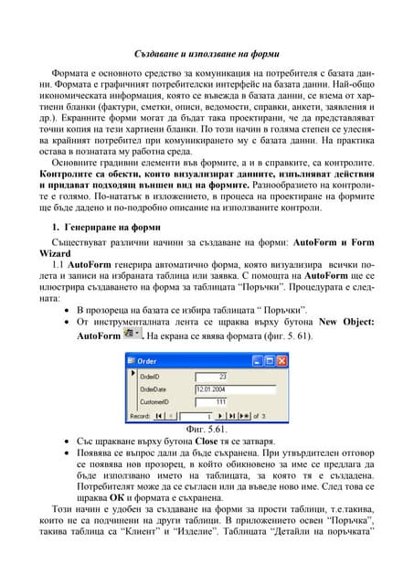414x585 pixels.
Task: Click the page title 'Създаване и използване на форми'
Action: pos(207,55)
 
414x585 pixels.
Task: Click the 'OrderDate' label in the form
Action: pos(156,388)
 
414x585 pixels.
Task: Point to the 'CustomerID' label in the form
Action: pos(158,401)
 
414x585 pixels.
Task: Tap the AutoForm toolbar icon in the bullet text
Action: pos(134,336)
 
